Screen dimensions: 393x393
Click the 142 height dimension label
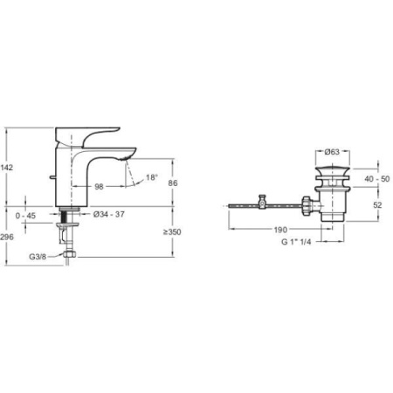point(6,168)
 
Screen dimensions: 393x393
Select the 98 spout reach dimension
point(99,187)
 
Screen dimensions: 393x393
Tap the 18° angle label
point(152,177)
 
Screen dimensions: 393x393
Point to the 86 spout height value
point(173,183)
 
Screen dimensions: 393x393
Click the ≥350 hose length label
point(172,232)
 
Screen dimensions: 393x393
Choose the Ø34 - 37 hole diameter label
point(109,214)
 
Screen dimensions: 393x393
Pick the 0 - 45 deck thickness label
point(25,216)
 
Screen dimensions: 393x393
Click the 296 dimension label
point(7,237)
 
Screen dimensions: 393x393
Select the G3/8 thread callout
point(38,257)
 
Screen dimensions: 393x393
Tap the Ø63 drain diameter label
point(332,152)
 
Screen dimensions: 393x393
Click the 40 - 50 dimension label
point(377,179)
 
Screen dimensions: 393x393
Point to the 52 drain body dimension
point(377,205)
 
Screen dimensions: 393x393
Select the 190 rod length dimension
point(280,230)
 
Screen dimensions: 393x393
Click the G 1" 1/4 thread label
point(296,242)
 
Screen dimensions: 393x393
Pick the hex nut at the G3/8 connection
point(69,254)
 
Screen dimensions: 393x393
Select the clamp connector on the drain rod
point(263,202)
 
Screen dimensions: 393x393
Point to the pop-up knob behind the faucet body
point(52,177)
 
